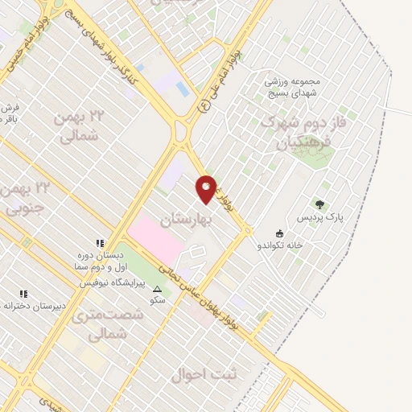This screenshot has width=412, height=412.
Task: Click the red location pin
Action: (x=206, y=188)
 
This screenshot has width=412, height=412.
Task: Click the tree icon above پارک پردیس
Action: (x=320, y=205)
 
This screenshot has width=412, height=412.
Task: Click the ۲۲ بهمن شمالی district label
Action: (x=80, y=127)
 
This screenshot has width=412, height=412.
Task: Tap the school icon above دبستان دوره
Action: (x=101, y=242)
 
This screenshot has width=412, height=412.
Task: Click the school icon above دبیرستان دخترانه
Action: (x=23, y=294)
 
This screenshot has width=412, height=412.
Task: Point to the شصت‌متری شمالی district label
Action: (x=107, y=323)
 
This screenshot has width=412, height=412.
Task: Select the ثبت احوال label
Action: (x=200, y=375)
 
